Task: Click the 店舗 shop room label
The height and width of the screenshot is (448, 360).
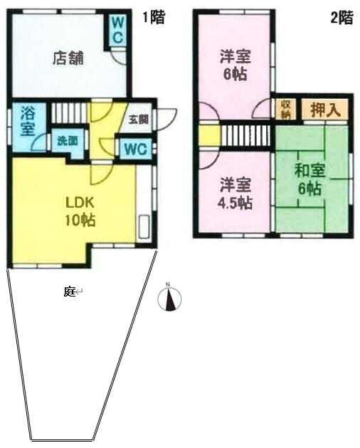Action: click(68, 58)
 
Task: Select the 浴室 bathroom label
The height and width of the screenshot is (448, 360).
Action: click(28, 122)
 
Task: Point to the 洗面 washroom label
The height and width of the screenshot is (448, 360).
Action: click(68, 141)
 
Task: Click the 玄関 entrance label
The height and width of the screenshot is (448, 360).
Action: click(139, 119)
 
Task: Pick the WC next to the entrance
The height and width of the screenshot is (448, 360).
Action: click(136, 149)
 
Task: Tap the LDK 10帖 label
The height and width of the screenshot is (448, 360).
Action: click(80, 211)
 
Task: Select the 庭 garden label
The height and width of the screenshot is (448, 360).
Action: click(69, 292)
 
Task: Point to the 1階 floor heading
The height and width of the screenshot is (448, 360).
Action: click(154, 18)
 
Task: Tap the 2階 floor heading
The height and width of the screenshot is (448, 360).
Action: click(342, 18)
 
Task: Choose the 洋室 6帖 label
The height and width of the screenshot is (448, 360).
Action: click(235, 65)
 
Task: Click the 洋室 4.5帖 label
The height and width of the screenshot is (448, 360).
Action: click(235, 194)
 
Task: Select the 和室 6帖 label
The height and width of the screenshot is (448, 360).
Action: click(309, 179)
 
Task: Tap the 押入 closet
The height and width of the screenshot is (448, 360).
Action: click(325, 110)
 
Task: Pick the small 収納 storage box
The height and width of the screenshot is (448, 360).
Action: click(286, 109)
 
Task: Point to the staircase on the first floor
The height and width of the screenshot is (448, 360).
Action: click(69, 112)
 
